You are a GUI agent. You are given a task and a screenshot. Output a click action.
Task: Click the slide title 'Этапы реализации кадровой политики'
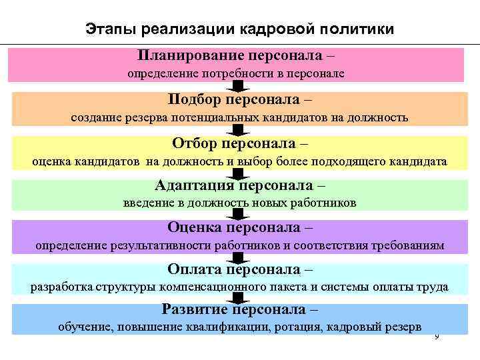click(x=240, y=29)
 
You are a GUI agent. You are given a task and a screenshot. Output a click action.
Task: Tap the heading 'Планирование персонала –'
click(x=237, y=55)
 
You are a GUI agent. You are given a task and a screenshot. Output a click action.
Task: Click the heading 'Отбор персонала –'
click(x=240, y=143)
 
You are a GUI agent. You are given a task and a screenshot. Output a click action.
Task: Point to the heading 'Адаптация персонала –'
click(x=240, y=185)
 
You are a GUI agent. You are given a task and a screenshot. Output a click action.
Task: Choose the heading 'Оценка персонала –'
click(x=240, y=227)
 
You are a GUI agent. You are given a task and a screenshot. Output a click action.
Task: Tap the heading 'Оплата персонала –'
click(x=240, y=269)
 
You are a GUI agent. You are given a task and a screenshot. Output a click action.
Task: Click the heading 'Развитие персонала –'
click(x=240, y=310)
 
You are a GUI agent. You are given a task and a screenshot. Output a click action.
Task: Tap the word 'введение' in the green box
click(x=147, y=203)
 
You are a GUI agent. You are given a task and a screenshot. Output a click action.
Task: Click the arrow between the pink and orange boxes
click(x=237, y=87)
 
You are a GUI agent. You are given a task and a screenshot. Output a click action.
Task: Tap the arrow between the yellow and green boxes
click(x=237, y=173)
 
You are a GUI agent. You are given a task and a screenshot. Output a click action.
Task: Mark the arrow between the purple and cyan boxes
click(x=237, y=258)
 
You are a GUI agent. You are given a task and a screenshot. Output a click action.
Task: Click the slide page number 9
click(x=437, y=337)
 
